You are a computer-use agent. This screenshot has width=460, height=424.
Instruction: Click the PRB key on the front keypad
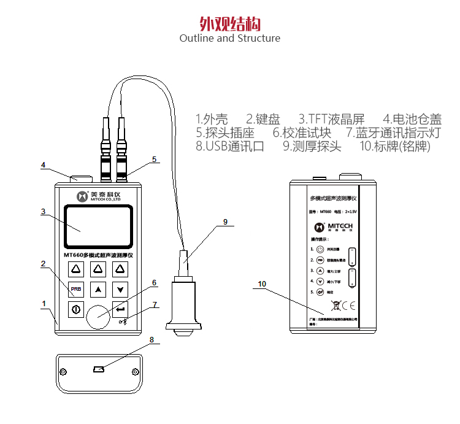pyautogui.click(x=75, y=288)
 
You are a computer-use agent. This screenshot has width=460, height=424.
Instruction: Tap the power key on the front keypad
pyautogui.click(x=75, y=309)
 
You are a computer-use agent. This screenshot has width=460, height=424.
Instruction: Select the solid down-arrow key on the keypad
pyautogui.click(x=120, y=288)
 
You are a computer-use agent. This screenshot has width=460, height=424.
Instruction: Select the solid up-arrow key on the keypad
pyautogui.click(x=98, y=288)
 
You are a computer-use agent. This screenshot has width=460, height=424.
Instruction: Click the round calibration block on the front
pyautogui.click(x=98, y=315)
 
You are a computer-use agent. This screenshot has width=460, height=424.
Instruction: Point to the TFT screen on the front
pyautogui.click(x=98, y=226)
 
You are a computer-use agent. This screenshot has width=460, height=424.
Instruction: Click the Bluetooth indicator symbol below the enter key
pyautogui.click(x=123, y=322)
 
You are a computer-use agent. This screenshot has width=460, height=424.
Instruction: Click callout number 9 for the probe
pyautogui.click(x=225, y=222)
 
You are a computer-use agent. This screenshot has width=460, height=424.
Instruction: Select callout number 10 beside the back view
pyautogui.click(x=263, y=283)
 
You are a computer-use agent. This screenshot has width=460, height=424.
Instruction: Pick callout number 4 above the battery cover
pyautogui.click(x=44, y=164)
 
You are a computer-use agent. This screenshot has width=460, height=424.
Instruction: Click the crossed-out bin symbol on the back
pyautogui.click(x=335, y=304)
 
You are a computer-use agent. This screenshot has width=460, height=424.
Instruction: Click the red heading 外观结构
pyautogui.click(x=230, y=23)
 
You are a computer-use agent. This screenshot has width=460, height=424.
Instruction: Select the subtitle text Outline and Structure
pyautogui.click(x=230, y=38)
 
